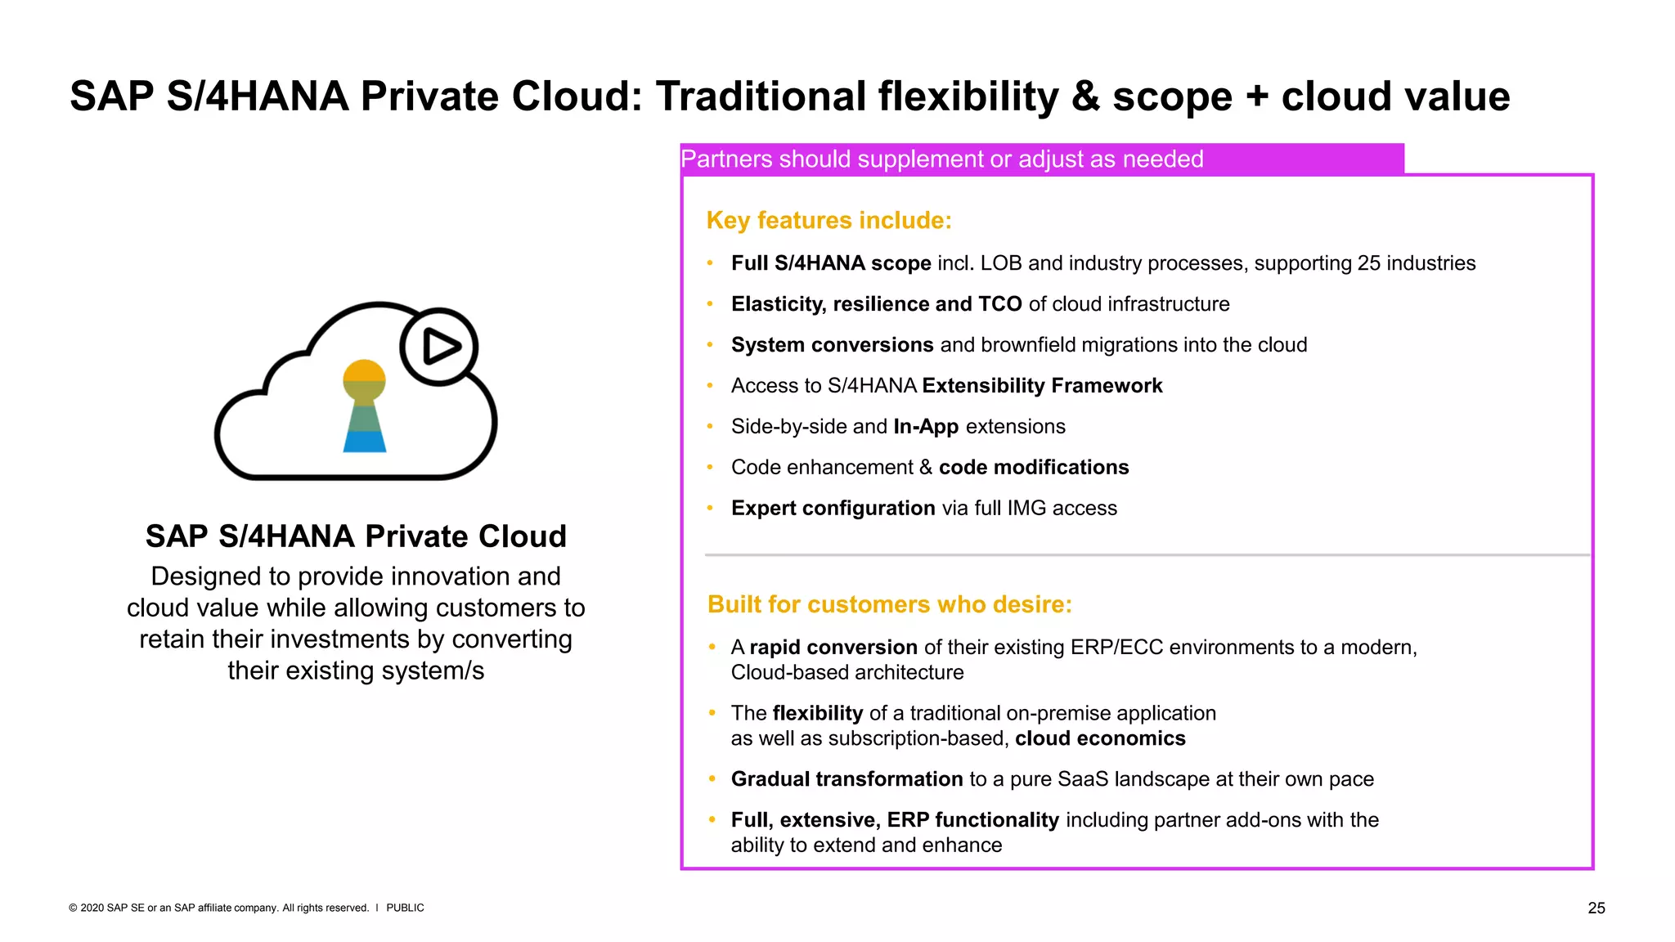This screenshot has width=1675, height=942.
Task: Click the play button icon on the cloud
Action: coord(439,347)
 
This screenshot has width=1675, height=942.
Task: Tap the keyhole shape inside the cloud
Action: coord(364,406)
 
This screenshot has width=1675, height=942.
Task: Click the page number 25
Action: coord(1596,908)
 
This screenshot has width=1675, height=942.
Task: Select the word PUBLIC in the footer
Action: coord(405,908)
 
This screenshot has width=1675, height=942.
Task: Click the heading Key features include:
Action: coord(829,221)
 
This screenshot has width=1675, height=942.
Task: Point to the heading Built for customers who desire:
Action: coord(889,604)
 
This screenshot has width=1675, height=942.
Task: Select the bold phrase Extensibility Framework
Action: coord(1042,386)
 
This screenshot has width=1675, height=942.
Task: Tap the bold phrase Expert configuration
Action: coord(833,509)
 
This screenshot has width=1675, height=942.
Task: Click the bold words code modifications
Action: coord(1034,468)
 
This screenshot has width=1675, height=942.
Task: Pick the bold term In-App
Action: coord(926,427)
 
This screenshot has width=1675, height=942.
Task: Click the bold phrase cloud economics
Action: coord(1100,738)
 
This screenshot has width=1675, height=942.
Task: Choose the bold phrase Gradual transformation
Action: coord(846,779)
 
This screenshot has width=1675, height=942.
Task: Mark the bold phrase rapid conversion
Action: coord(833,648)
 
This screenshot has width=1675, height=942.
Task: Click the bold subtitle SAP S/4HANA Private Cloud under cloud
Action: coord(356,536)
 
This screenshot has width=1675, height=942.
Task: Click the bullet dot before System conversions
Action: coord(711,345)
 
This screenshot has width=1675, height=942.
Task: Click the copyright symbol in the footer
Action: coord(73,908)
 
